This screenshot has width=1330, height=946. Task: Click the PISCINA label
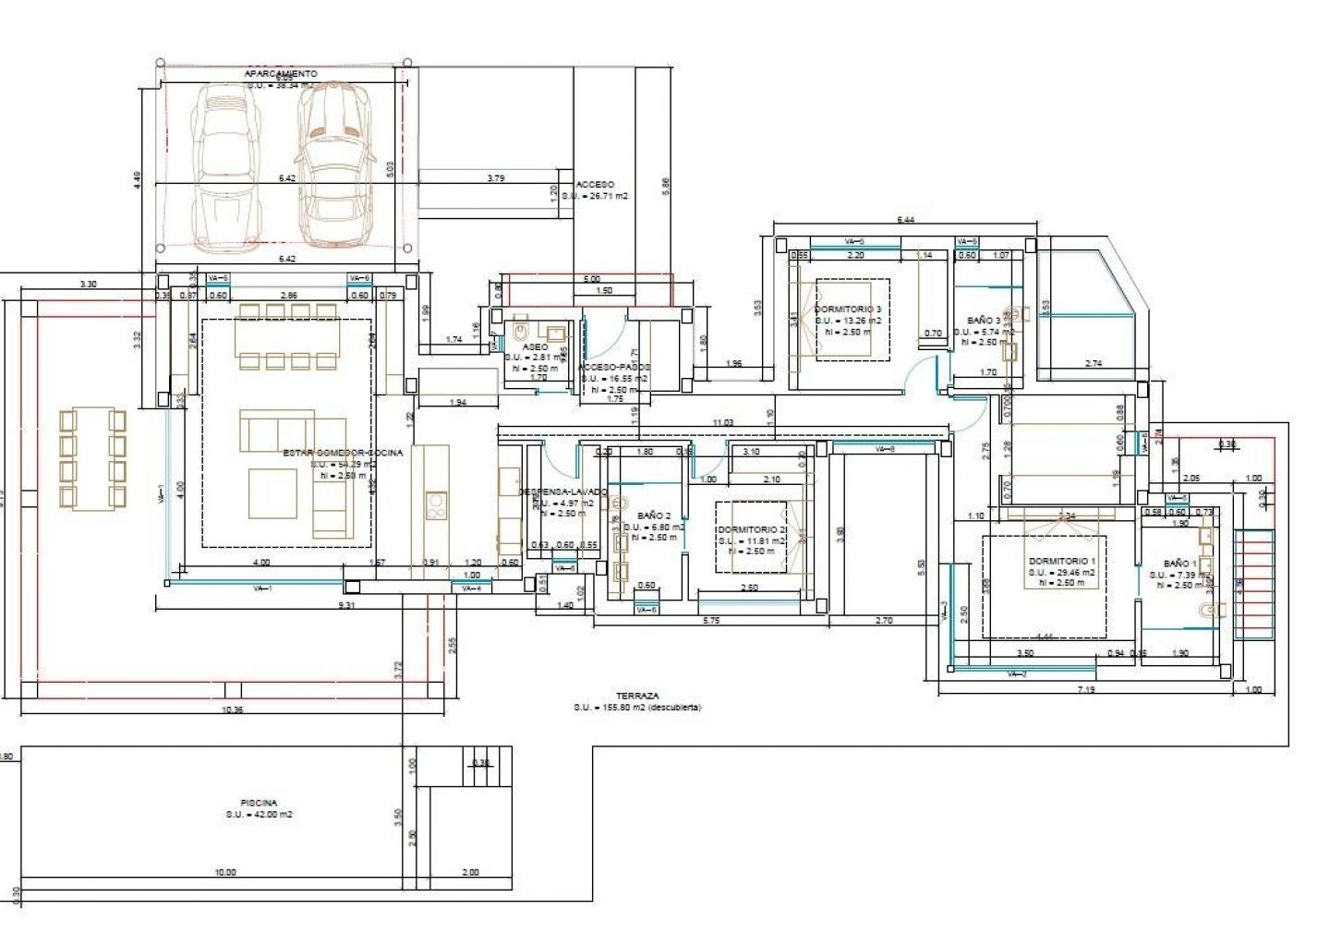pyautogui.click(x=259, y=803)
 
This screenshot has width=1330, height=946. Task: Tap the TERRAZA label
pyautogui.click(x=638, y=697)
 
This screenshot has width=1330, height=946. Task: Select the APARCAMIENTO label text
pyautogui.click(x=281, y=73)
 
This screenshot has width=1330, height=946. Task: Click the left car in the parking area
pyautogui.click(x=224, y=166)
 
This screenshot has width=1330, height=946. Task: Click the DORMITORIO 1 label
pyautogui.click(x=1061, y=561)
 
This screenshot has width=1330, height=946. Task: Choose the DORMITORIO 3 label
pyautogui.click(x=847, y=309)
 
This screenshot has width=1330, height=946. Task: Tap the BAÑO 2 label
pyautogui.click(x=654, y=515)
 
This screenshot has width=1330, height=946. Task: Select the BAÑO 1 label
pyautogui.click(x=1179, y=563)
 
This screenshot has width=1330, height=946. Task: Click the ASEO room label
pyautogui.click(x=535, y=346)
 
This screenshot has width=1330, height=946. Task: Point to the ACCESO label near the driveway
pyautogui.click(x=595, y=185)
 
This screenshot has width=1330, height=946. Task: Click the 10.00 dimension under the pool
pyautogui.click(x=224, y=872)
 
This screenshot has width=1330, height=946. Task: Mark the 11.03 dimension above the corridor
pyautogui.click(x=722, y=422)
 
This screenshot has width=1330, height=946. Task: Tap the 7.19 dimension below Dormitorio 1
pyautogui.click(x=1086, y=689)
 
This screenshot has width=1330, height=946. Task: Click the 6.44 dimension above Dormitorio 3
pyautogui.click(x=905, y=220)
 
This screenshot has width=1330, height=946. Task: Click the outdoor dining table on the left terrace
pyautogui.click(x=91, y=457)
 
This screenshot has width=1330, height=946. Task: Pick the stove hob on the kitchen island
pyautogui.click(x=436, y=505)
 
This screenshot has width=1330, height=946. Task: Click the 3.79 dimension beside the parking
pyautogui.click(x=496, y=178)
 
